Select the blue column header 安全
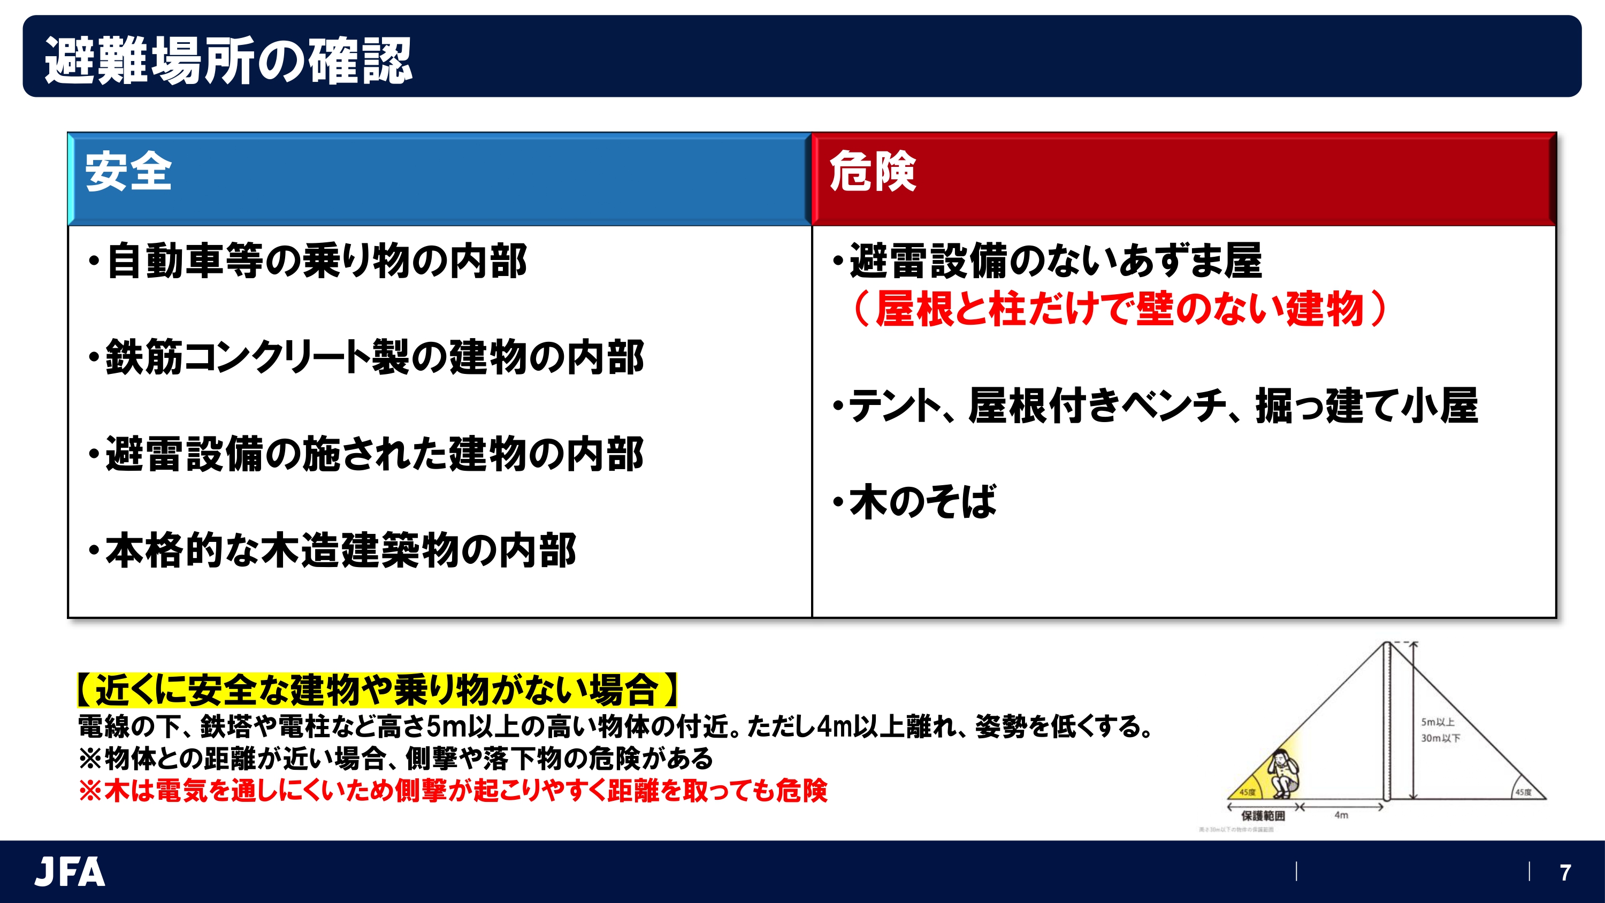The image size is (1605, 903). coord(128,171)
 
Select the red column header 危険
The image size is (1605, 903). coord(872,171)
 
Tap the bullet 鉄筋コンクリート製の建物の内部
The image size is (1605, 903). coord(368,358)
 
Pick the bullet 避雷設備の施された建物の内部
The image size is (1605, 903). coord(368,454)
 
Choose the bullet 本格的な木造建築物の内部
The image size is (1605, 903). coord(334,550)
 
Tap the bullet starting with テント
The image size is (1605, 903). coord(1156,405)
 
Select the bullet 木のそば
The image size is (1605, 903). coord(916,502)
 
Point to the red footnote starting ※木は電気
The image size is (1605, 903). coord(453,790)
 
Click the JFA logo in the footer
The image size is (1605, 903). coord(70,872)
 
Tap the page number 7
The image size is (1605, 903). coord(1564,873)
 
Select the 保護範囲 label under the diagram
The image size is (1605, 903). coord(1262,816)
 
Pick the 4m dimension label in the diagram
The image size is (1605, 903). coord(1341,815)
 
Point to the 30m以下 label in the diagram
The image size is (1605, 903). coord(1440,738)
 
